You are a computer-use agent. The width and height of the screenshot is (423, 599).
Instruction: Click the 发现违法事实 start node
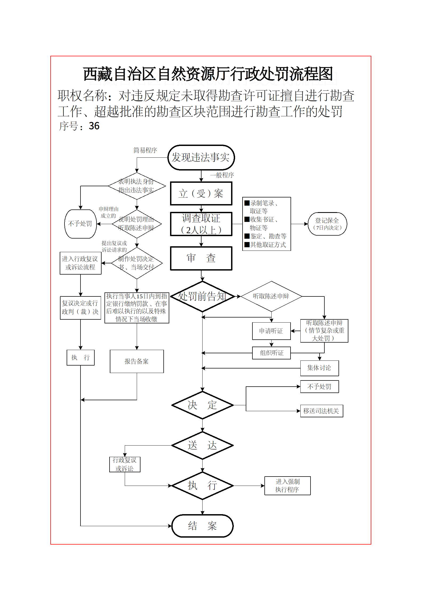coord(201,157)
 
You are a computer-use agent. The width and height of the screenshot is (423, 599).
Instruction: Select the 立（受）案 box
coord(201,193)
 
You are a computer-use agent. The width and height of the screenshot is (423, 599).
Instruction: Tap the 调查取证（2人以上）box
coord(201,224)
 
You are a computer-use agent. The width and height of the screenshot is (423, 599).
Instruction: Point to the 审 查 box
coord(201,258)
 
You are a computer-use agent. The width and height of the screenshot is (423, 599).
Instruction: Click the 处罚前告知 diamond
coord(202,296)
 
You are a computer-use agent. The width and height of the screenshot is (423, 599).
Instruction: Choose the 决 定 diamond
coord(202,405)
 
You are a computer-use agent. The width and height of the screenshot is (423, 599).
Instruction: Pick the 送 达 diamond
coord(202,445)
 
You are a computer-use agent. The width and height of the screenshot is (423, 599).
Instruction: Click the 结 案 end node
coord(202,526)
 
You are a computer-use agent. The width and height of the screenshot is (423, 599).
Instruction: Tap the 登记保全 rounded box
coord(327,224)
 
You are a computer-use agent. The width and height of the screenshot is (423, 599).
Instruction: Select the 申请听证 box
coord(271,331)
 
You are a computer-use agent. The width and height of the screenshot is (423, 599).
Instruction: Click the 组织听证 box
coord(271,353)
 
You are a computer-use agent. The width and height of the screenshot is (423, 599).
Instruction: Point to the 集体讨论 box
coord(319,368)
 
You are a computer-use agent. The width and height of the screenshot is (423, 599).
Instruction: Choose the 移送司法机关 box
coord(321,411)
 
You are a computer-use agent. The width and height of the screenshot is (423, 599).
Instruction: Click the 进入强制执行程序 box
coord(287,486)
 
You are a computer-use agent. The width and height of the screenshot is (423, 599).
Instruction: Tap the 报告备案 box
coord(137,361)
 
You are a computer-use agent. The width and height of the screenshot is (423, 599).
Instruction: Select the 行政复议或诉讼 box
coord(125,464)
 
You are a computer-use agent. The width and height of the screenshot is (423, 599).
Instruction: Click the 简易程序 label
coord(145,150)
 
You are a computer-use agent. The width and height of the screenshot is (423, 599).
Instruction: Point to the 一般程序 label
coord(222,175)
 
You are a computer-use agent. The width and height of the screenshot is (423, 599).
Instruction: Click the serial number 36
coord(94,126)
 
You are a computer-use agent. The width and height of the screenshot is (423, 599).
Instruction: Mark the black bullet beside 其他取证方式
coord(247,244)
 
